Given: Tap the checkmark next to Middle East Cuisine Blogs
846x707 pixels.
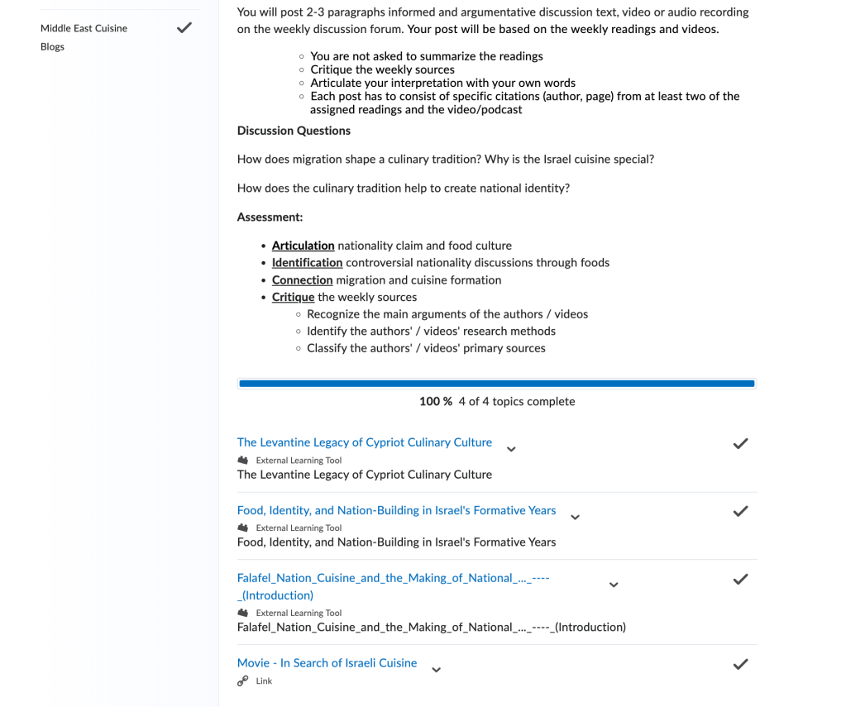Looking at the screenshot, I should (184, 28).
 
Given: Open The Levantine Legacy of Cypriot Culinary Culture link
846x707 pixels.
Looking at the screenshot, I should (364, 442).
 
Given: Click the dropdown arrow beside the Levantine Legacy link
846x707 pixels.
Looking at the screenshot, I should (511, 449).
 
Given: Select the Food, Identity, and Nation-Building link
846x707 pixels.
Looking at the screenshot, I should (396, 510).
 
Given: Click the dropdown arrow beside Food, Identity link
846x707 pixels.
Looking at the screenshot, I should (576, 517).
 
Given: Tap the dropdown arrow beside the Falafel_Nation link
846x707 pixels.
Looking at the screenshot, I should (614, 585).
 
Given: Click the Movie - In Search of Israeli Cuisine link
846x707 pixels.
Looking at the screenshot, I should (327, 663).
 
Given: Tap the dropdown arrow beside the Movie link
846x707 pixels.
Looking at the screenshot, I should (437, 670).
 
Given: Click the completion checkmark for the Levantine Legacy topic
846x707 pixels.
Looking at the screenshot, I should (740, 444).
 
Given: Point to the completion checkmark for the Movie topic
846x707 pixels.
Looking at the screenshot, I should (740, 664).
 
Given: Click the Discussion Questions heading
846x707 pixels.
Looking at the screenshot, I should (294, 131).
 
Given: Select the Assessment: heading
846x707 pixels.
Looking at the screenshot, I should (270, 217).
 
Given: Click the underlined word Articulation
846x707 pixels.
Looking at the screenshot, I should (303, 246).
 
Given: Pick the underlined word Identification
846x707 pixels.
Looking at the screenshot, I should (307, 263).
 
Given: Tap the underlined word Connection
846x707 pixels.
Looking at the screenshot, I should (302, 280).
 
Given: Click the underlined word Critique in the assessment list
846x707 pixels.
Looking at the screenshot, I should (293, 298).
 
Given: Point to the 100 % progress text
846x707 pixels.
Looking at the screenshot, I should (435, 402).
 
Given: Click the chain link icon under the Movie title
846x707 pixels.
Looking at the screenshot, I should (242, 681).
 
